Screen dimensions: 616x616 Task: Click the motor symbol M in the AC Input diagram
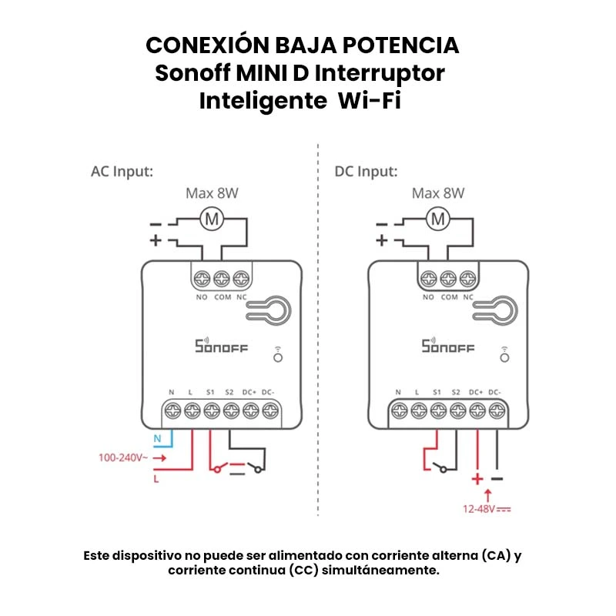(212, 219)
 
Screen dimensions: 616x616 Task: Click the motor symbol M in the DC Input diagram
(438, 219)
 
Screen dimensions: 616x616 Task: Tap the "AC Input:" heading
(122, 171)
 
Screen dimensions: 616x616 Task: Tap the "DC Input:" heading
(366, 171)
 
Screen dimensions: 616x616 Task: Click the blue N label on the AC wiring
(157, 440)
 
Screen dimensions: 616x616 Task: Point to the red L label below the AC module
(156, 478)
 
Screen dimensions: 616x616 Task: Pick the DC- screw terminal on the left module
(268, 410)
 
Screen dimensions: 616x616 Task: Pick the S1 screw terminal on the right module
(438, 410)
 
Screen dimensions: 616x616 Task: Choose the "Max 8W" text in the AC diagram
(212, 193)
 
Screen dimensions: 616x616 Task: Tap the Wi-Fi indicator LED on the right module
(504, 357)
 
